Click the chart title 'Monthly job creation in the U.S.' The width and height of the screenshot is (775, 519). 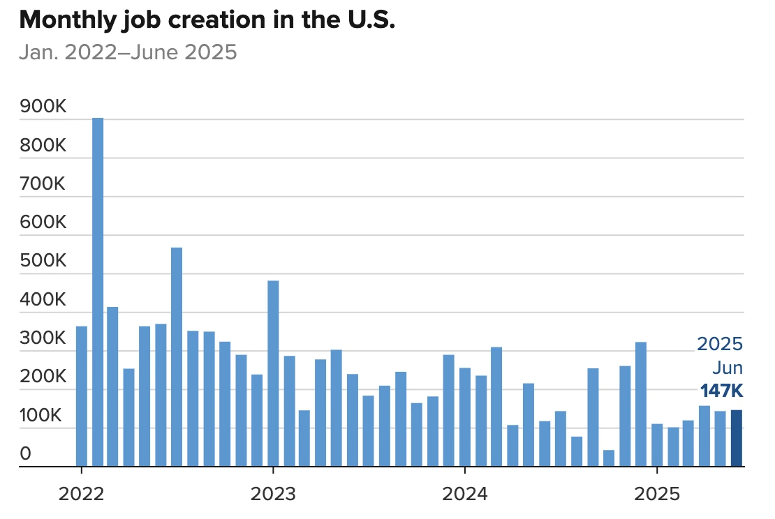coord(207,21)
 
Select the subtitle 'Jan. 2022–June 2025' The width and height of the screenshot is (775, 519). coord(128,52)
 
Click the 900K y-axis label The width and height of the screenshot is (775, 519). coord(43,107)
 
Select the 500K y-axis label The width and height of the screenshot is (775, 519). coord(43,262)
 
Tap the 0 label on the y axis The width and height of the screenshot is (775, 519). coord(26,454)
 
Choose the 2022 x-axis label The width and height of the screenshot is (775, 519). coord(82,494)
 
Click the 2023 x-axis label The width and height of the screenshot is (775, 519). coord(273,494)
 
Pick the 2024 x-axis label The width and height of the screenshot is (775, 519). coord(465,494)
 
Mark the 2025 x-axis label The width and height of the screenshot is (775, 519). coord(656,494)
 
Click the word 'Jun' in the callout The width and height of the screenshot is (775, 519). coord(728,368)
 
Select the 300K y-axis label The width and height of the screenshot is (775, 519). coord(43,339)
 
